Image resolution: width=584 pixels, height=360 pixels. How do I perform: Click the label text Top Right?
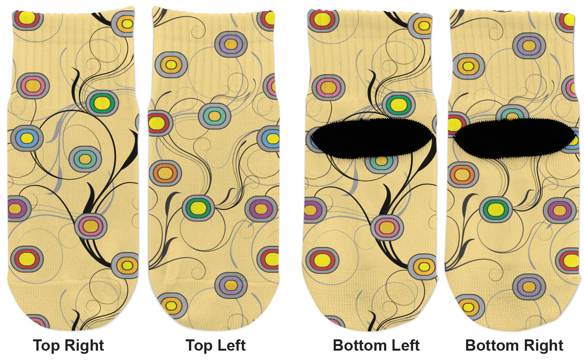pos(69,346)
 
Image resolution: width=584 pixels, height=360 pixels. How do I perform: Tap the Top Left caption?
pos(215,346)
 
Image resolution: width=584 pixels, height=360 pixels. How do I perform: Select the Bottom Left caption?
pos(376,346)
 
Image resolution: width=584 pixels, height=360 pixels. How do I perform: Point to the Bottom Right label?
pos(514,346)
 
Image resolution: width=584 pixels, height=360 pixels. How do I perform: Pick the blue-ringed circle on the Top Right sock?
pos(27,138)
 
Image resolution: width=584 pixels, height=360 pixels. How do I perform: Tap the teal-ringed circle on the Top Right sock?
pos(85,159)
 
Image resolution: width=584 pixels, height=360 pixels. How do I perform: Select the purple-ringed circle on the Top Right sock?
pos(19,209)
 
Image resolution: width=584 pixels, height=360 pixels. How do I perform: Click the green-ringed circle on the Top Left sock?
pos(198,208)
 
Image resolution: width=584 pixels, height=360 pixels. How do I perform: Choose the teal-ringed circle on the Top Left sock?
pos(215,116)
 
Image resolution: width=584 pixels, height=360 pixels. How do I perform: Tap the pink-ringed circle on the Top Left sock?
pos(272,86)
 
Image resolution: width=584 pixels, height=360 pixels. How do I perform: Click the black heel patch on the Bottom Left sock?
pos(372,139)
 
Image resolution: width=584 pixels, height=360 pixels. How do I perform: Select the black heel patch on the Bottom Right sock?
pos(514,139)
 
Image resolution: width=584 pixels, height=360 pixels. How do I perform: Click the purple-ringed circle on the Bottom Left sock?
pos(315,210)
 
